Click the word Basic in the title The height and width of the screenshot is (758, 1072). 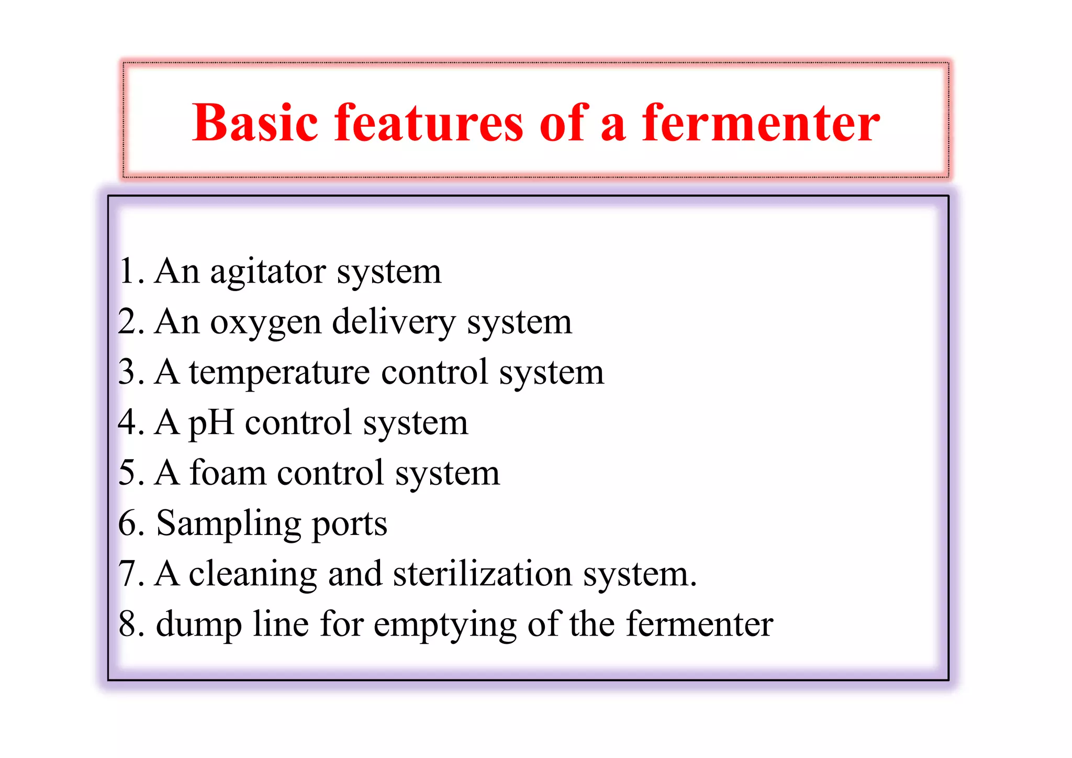(x=255, y=123)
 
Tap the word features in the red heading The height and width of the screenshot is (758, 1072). (x=429, y=123)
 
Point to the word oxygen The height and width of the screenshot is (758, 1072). (x=265, y=323)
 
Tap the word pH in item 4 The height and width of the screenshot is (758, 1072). (x=211, y=423)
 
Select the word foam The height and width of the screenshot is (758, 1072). (x=228, y=473)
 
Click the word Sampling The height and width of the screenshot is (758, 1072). (x=228, y=524)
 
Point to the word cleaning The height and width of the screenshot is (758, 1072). (x=252, y=574)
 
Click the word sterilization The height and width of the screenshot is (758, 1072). (x=482, y=574)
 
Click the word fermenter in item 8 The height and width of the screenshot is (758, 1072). (x=699, y=624)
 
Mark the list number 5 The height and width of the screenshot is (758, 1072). (x=128, y=473)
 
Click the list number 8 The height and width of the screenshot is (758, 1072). (x=129, y=624)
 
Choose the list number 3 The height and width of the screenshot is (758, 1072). (x=128, y=372)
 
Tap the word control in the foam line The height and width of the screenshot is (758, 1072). (x=331, y=473)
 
